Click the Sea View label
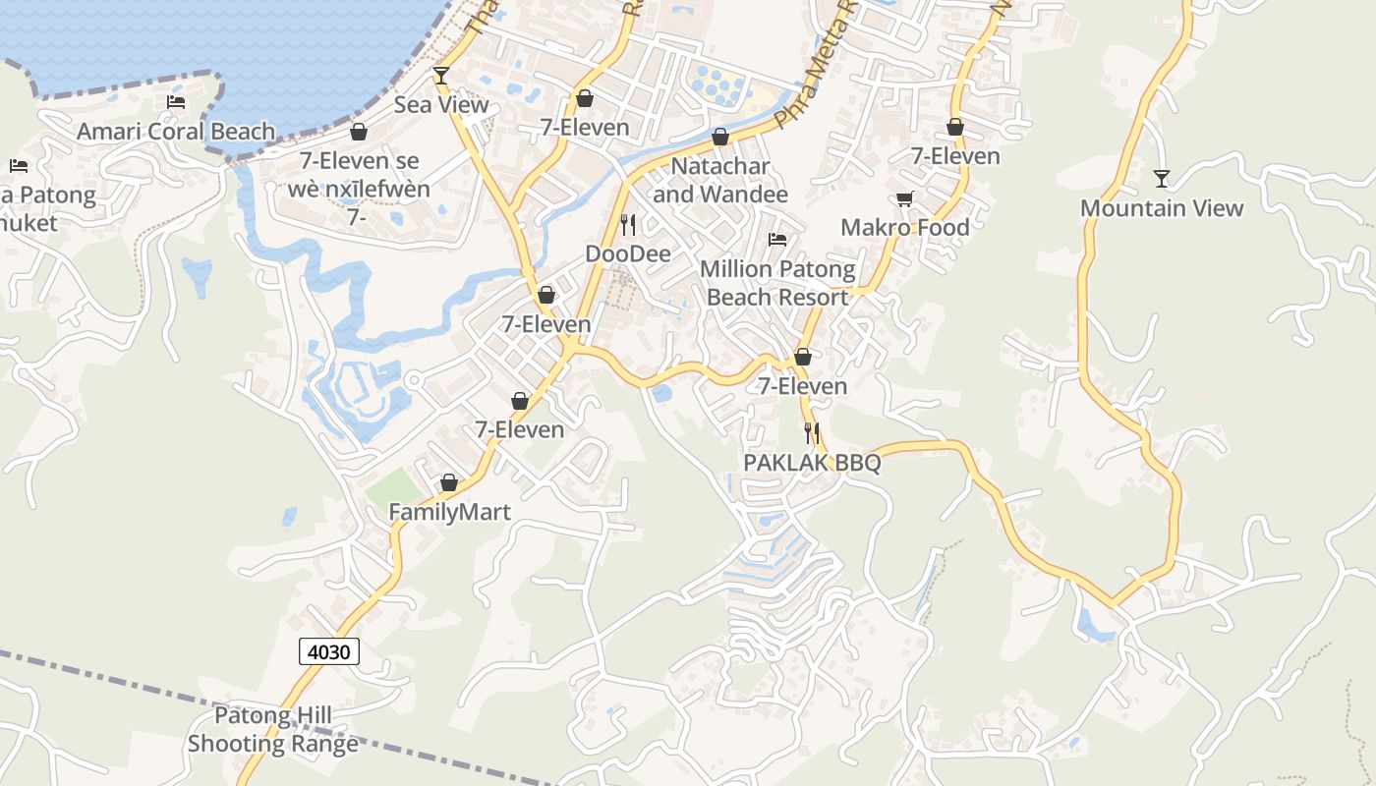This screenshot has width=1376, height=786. pyautogui.click(x=441, y=105)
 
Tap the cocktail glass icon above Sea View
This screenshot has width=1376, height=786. pyautogui.click(x=441, y=76)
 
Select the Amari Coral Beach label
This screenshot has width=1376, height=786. pyautogui.click(x=176, y=132)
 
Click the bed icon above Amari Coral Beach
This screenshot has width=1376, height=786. pyautogui.click(x=176, y=102)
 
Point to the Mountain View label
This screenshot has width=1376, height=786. pyautogui.click(x=1162, y=208)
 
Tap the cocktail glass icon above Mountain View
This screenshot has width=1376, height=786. pyautogui.click(x=1162, y=179)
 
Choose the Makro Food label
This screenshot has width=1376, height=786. pyautogui.click(x=904, y=228)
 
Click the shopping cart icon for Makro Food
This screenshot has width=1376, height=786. pyautogui.click(x=904, y=199)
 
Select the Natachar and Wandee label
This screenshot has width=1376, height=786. pyautogui.click(x=720, y=180)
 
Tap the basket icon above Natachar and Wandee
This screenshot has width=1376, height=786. pyautogui.click(x=720, y=138)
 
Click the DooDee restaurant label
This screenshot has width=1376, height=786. pyautogui.click(x=628, y=254)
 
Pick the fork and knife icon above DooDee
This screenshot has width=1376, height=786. pyautogui.click(x=628, y=225)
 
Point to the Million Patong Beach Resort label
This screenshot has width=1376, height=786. pyautogui.click(x=777, y=283)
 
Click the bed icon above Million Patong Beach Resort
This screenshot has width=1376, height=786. pyautogui.click(x=777, y=240)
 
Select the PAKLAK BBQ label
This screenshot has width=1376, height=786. pyautogui.click(x=812, y=463)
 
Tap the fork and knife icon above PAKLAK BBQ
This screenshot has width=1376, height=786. pyautogui.click(x=812, y=432)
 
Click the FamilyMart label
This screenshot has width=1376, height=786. pyautogui.click(x=449, y=512)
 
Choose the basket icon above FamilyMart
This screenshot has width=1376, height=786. pyautogui.click(x=449, y=483)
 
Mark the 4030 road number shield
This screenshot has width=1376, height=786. pyautogui.click(x=329, y=651)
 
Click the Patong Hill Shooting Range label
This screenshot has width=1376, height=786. pyautogui.click(x=273, y=730)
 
